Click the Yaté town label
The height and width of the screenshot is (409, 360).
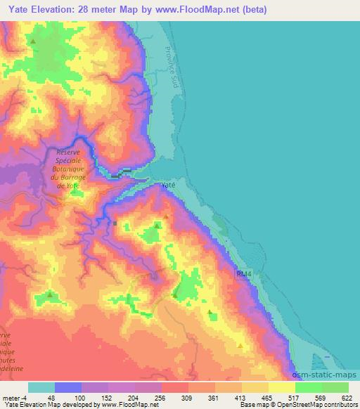point(167,185)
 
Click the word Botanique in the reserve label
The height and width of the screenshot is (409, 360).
point(72,169)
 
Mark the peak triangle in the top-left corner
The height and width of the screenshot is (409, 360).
point(32,41)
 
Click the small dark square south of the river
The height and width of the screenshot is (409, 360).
point(116,223)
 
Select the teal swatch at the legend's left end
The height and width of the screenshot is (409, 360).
point(41,387)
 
